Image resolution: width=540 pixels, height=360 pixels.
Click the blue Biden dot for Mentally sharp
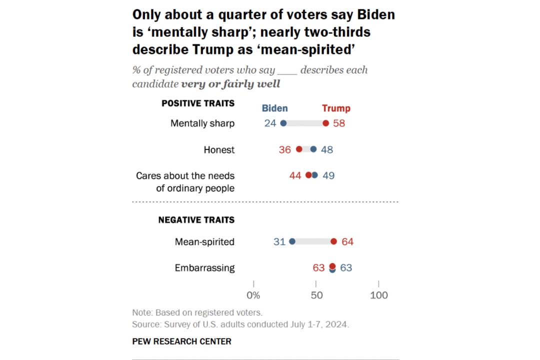[283, 123]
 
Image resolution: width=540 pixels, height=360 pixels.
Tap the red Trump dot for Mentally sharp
[326, 123]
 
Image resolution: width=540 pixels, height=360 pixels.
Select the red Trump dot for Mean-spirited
[333, 241]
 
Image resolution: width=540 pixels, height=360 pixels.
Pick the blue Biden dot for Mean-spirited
[292, 241]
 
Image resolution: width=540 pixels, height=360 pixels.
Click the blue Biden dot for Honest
[313, 149]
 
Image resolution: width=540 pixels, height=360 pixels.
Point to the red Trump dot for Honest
[299, 149]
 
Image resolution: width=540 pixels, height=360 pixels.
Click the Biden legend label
[274, 108]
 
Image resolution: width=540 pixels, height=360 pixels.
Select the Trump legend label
[336, 108]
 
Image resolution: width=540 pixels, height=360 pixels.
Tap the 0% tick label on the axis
[253, 295]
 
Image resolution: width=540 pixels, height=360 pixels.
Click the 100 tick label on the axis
[378, 295]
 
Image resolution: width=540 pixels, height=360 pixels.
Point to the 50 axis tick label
[316, 295]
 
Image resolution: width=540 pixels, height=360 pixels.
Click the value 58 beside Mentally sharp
[339, 123]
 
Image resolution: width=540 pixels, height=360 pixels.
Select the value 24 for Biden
[270, 123]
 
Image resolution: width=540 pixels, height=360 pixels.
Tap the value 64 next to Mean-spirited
[347, 241]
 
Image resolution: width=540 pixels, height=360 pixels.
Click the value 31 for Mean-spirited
[279, 241]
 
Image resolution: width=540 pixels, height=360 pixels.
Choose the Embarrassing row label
[204, 267]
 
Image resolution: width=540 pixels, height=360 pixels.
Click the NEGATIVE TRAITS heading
[196, 219]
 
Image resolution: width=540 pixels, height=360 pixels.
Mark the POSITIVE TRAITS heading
[198, 103]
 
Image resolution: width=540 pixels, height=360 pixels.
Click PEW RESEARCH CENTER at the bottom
[181, 341]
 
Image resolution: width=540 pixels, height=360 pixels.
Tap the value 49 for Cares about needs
[328, 175]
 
